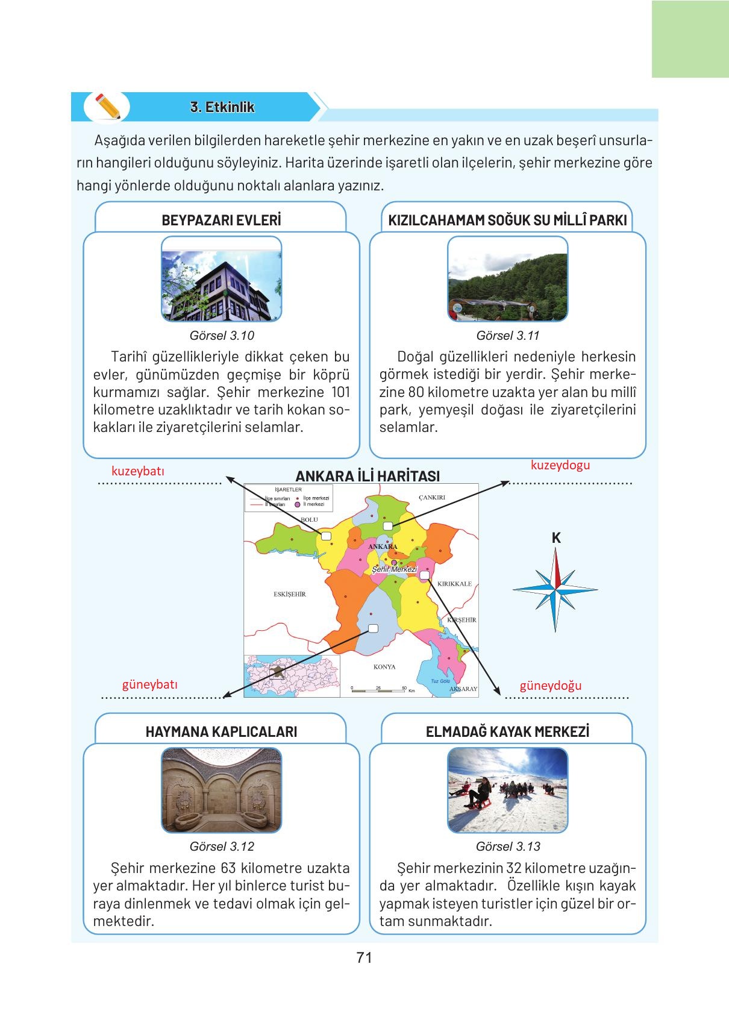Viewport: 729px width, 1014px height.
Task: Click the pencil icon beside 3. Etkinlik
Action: coord(107,107)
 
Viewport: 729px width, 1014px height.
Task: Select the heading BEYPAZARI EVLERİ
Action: coord(221,220)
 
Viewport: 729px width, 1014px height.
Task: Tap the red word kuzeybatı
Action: coord(137,471)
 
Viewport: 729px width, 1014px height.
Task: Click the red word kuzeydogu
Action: coord(560,465)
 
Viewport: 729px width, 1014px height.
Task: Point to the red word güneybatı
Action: coord(150,684)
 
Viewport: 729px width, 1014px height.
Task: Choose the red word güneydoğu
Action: coord(551,686)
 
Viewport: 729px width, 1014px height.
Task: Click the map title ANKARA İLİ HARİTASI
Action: coord(368,476)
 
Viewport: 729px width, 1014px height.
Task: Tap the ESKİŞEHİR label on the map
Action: coord(290,594)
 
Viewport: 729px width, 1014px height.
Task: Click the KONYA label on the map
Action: coord(384,667)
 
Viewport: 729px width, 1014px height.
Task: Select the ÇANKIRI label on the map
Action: coord(431,498)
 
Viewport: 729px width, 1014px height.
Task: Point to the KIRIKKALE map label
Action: coord(455,584)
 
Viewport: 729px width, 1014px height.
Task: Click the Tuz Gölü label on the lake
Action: coord(440,681)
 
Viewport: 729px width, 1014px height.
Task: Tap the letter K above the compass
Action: coord(556,538)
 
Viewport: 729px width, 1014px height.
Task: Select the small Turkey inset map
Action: coord(292,676)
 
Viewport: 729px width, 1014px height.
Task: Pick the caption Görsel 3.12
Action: coord(222,847)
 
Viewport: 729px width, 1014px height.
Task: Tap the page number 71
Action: coord(364,957)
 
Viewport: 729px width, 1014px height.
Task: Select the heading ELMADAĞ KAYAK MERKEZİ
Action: coord(507,731)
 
